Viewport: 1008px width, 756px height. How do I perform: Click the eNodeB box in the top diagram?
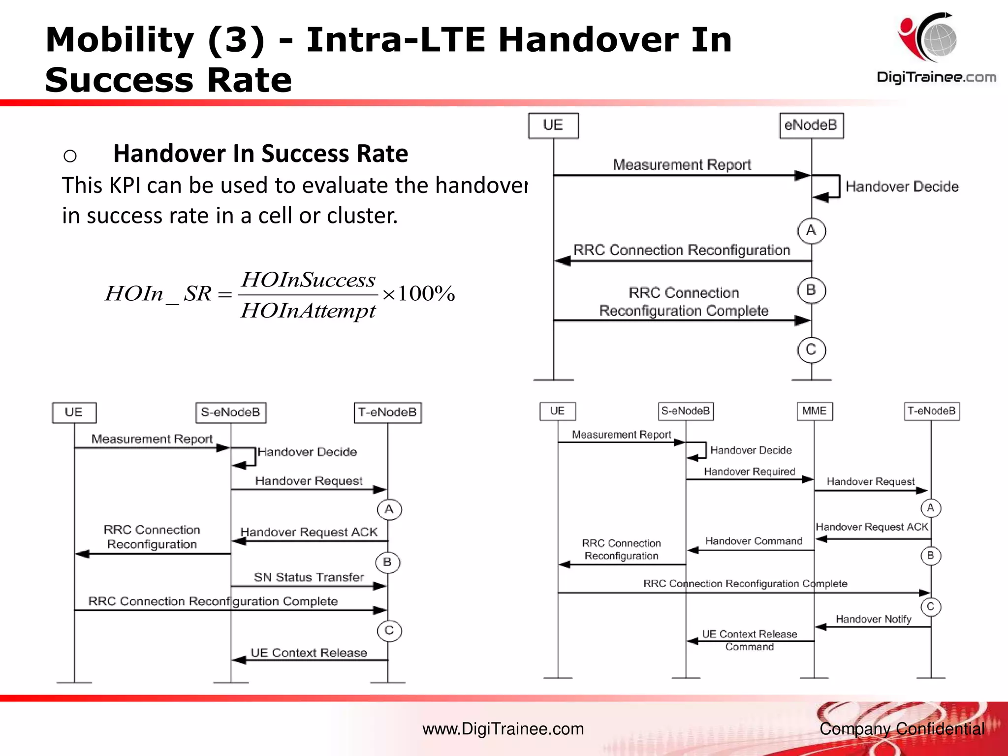click(x=811, y=126)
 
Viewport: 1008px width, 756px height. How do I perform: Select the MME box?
click(x=814, y=411)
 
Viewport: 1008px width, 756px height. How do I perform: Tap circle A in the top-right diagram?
click(x=811, y=230)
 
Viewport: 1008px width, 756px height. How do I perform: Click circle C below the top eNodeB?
click(x=811, y=349)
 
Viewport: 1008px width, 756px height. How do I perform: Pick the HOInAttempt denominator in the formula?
click(x=308, y=311)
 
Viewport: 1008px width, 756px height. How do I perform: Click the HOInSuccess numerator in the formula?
click(x=308, y=280)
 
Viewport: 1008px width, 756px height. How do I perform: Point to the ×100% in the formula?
click(x=418, y=293)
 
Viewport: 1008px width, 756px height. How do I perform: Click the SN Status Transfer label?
click(x=309, y=577)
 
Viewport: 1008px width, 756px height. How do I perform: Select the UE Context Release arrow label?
click(x=309, y=653)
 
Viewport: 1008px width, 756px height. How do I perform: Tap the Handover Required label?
click(x=749, y=472)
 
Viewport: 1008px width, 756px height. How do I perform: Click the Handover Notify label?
click(x=873, y=619)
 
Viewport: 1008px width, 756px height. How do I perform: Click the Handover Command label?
click(x=754, y=541)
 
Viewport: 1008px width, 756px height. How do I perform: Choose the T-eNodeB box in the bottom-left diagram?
click(x=387, y=412)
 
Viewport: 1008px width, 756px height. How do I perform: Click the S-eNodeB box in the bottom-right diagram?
click(x=686, y=411)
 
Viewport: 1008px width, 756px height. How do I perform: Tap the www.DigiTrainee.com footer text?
click(x=503, y=729)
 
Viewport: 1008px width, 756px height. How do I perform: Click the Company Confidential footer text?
click(x=902, y=729)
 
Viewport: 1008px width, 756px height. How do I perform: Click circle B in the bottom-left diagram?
click(x=387, y=562)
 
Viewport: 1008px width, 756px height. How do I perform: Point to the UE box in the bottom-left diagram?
click(x=74, y=412)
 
